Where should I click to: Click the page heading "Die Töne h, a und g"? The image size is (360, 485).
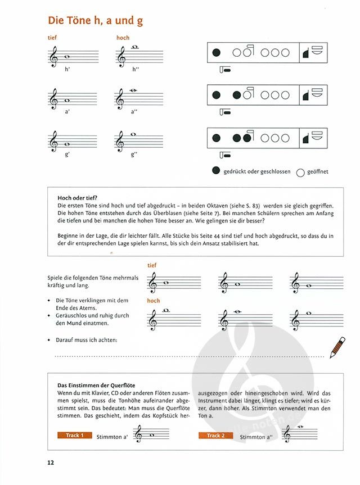coord(96,21)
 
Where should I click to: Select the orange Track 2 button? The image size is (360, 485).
coord(217,436)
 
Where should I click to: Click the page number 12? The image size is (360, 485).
coord(51,463)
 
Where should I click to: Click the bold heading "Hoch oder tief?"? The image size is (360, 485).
coord(78,197)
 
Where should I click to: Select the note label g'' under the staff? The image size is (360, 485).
coord(134,153)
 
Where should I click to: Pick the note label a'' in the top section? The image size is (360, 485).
coord(134,111)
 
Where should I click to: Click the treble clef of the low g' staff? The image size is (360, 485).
coord(54,141)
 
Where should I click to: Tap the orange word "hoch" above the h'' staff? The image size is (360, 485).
coord(123,38)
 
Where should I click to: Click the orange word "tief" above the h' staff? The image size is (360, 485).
coord(53,38)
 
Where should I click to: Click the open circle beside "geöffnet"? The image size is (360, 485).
coord(300,173)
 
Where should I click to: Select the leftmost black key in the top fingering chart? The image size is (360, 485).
coord(217,53)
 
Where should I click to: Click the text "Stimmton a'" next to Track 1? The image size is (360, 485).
coord(113,437)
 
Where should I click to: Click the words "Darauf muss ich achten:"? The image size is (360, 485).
coord(86,339)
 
